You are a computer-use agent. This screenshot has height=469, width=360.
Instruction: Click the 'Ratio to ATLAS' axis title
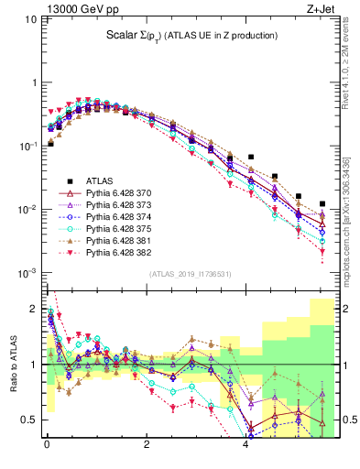point(12,364)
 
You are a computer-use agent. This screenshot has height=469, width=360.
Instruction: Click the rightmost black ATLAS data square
point(322,203)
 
